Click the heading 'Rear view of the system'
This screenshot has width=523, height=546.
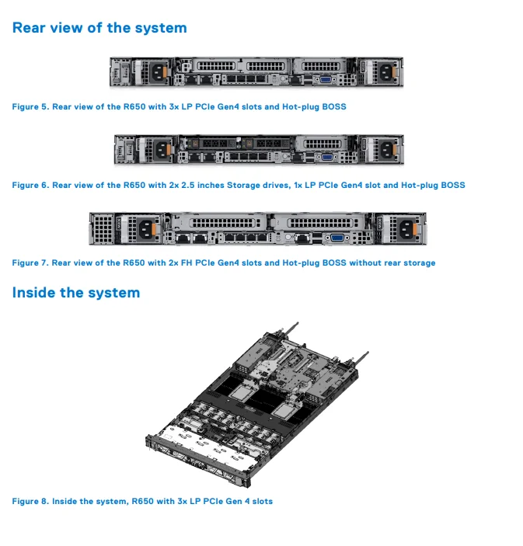(x=99, y=28)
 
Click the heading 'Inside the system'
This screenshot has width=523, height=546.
(x=76, y=293)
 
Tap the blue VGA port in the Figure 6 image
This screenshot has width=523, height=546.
(x=329, y=156)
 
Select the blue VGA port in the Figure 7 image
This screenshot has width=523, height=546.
(x=336, y=238)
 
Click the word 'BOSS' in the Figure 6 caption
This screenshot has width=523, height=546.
(x=452, y=185)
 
